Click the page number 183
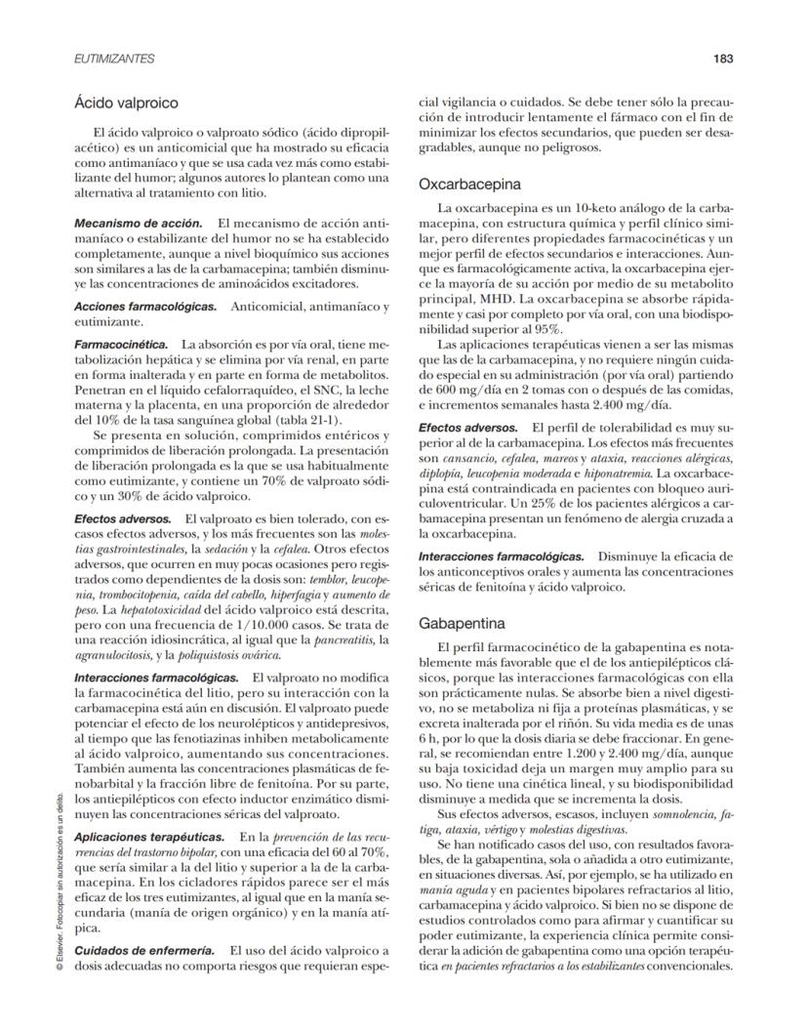[x=722, y=59]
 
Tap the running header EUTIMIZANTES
[x=114, y=59]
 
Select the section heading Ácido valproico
[x=125, y=101]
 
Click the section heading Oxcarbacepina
[x=469, y=184]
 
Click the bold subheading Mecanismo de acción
[x=139, y=224]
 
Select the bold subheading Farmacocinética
[x=121, y=345]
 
